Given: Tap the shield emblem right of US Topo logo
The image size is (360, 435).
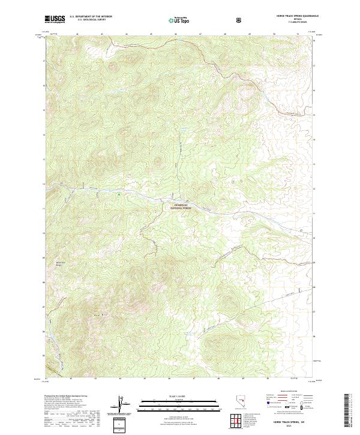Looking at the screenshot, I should pos(205,20).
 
